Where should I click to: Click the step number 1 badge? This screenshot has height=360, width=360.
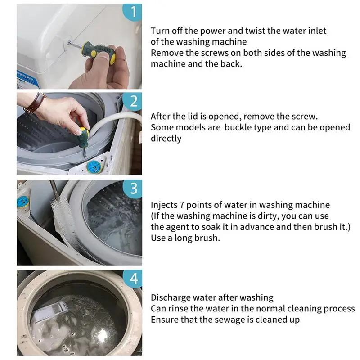(x=133, y=12)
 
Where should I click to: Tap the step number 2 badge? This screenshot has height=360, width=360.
(x=133, y=101)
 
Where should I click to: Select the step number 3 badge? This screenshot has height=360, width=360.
(x=133, y=188)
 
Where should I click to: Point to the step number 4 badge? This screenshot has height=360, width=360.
(x=133, y=278)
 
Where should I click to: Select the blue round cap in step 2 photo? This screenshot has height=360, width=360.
(x=94, y=167)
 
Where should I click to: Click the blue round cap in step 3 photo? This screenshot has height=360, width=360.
(x=22, y=202)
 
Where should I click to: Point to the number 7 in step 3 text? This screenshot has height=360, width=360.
(x=182, y=205)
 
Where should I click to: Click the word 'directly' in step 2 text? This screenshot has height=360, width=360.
(x=166, y=139)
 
